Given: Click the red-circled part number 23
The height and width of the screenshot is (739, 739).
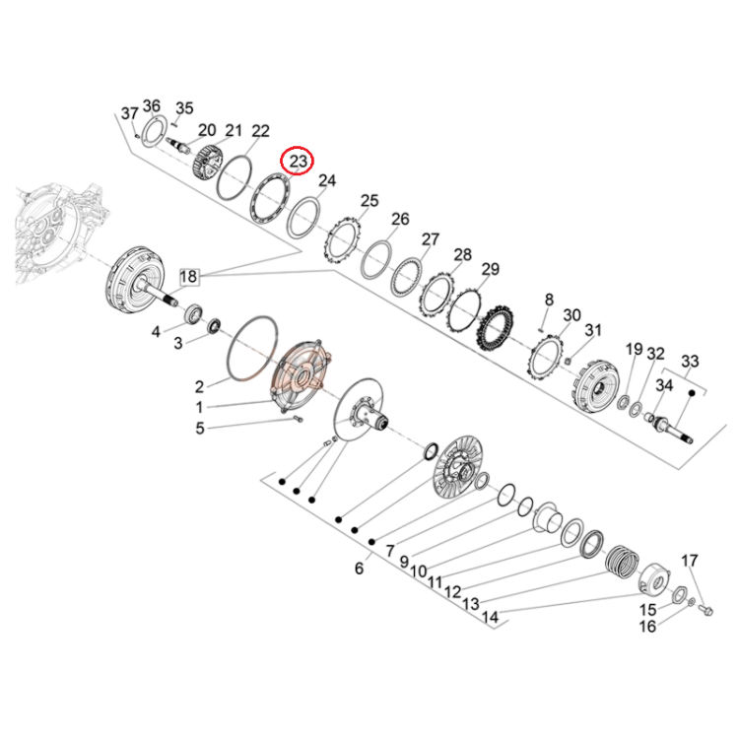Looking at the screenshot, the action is [x=298, y=162].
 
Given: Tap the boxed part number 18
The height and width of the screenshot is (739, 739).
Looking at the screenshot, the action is [x=188, y=276].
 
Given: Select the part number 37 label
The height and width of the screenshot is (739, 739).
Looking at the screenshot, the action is [x=130, y=113].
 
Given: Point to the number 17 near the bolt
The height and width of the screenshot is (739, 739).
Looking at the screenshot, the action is [x=689, y=561].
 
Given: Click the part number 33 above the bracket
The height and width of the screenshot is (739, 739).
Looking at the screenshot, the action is [x=690, y=362].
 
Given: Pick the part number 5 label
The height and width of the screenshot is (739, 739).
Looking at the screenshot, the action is [x=200, y=429].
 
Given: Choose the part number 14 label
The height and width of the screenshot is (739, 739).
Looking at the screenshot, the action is [x=490, y=617].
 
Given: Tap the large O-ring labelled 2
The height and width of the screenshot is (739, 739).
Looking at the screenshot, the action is [x=252, y=348].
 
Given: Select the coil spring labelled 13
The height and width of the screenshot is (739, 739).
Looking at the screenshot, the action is [x=622, y=562].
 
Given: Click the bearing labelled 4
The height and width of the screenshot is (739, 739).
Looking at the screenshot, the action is [x=194, y=313].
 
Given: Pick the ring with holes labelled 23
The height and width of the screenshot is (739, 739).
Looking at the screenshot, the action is [x=270, y=199].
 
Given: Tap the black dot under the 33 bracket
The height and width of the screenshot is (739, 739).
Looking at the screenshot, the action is [x=693, y=392].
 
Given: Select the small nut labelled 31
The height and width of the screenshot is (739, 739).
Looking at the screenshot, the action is [x=568, y=361].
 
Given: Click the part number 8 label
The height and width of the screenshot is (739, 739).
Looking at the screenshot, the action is [x=549, y=300].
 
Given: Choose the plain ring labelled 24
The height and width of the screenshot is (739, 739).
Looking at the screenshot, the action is [x=304, y=218].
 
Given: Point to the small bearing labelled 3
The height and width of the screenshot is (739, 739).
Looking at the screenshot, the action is [x=215, y=326].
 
